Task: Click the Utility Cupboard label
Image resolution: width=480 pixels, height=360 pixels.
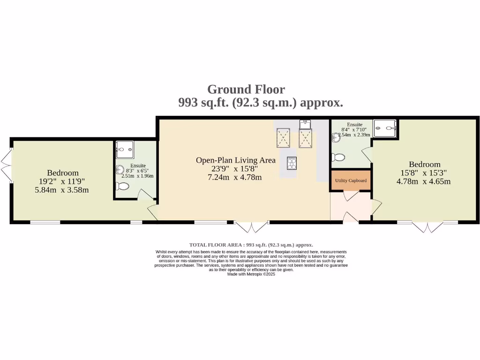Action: pyautogui.click(x=351, y=180)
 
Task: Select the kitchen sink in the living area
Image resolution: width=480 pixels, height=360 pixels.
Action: pyautogui.click(x=305, y=124)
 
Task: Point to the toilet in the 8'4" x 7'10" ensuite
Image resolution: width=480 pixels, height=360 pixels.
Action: pyautogui.click(x=338, y=157)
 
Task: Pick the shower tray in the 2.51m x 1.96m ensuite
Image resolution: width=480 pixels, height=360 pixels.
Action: pyautogui.click(x=125, y=150)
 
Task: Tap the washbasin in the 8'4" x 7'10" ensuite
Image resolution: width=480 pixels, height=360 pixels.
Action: pyautogui.click(x=335, y=138)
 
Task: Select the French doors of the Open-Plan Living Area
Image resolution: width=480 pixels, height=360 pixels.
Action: pyautogui.click(x=252, y=227)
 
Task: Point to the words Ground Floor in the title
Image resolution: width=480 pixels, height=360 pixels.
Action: pyautogui.click(x=246, y=89)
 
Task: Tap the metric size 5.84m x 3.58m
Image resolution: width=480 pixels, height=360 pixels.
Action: pyautogui.click(x=62, y=190)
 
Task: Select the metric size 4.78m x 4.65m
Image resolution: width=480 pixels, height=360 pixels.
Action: pyautogui.click(x=424, y=181)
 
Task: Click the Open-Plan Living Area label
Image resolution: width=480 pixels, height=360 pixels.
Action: pyautogui.click(x=235, y=160)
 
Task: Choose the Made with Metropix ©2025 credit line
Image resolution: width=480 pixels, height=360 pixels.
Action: pyautogui.click(x=251, y=274)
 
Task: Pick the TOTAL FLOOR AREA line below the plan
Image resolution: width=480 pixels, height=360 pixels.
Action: pyautogui.click(x=251, y=245)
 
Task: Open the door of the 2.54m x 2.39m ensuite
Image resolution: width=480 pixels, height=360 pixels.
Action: pyautogui.click(x=367, y=155)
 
